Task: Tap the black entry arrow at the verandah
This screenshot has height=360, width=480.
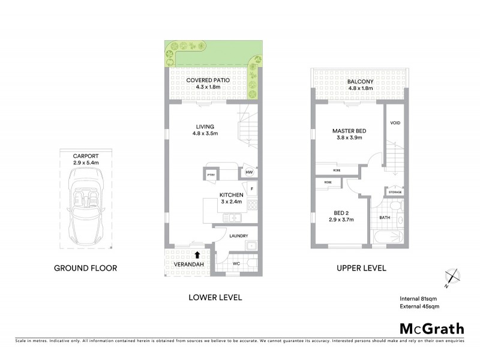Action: click(198, 255)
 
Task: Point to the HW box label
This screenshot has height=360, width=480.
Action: click(249, 174)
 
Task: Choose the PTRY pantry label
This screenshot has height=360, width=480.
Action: click(211, 175)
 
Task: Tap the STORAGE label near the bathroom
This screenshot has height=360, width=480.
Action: click(395, 192)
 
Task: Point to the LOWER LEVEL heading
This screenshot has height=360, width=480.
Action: click(215, 297)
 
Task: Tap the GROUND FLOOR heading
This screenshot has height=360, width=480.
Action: click(86, 268)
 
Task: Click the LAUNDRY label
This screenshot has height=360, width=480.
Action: click(238, 236)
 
